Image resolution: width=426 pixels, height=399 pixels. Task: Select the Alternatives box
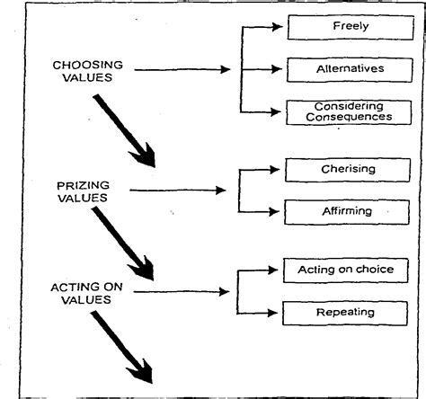[x=344, y=68]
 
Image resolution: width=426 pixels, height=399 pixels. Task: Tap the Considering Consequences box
[x=344, y=111]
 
